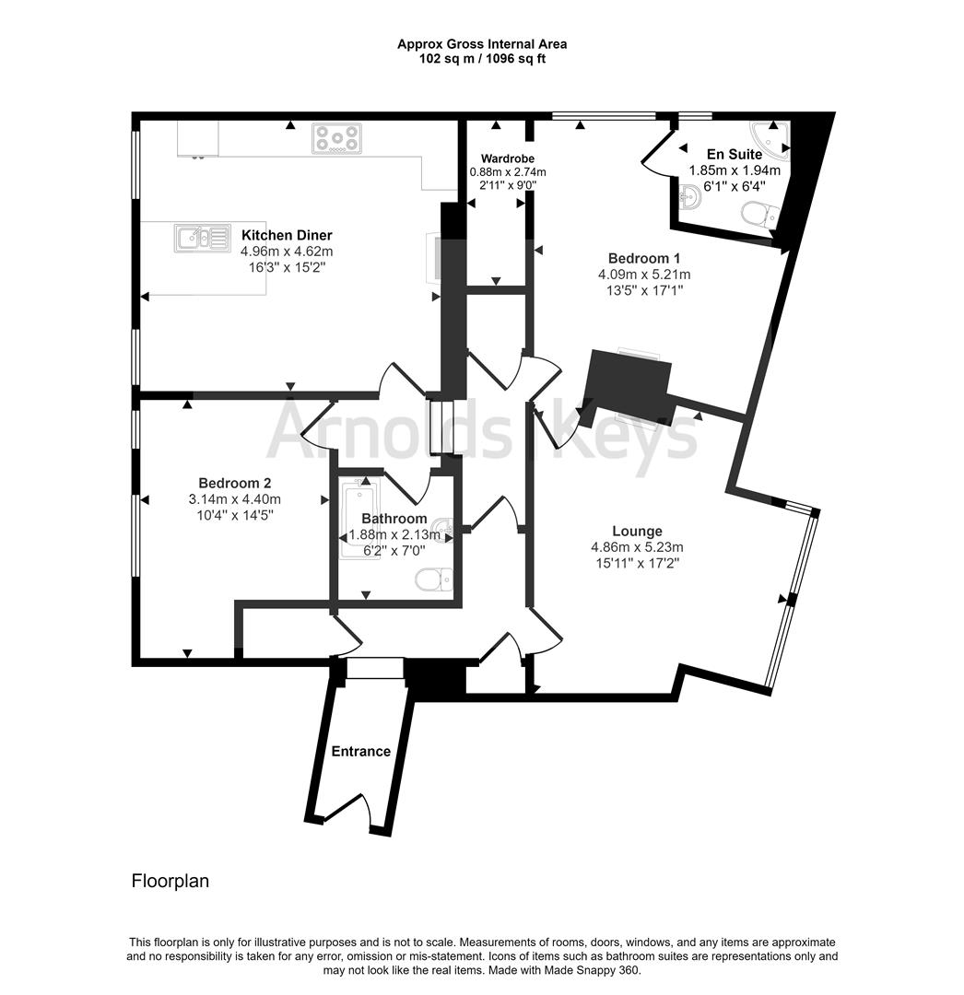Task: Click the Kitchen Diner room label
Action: [287, 235]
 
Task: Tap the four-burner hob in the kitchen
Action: [337, 138]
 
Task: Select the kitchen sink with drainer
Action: [203, 238]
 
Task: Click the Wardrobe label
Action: [508, 158]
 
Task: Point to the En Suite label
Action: [735, 154]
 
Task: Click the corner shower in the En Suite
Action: [771, 135]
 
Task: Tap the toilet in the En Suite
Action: [760, 216]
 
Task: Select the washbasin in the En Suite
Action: [689, 197]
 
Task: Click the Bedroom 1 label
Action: [644, 258]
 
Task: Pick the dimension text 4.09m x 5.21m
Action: [644, 275]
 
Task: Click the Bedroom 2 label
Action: [235, 483]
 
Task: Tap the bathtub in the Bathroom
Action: [360, 519]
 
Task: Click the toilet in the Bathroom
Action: [434, 579]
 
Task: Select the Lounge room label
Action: [637, 532]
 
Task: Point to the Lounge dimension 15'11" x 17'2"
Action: [637, 564]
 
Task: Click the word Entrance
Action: [361, 752]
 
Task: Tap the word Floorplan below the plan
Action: [170, 881]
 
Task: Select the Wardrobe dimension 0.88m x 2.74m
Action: [508, 172]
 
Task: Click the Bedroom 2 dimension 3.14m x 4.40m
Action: [235, 499]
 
